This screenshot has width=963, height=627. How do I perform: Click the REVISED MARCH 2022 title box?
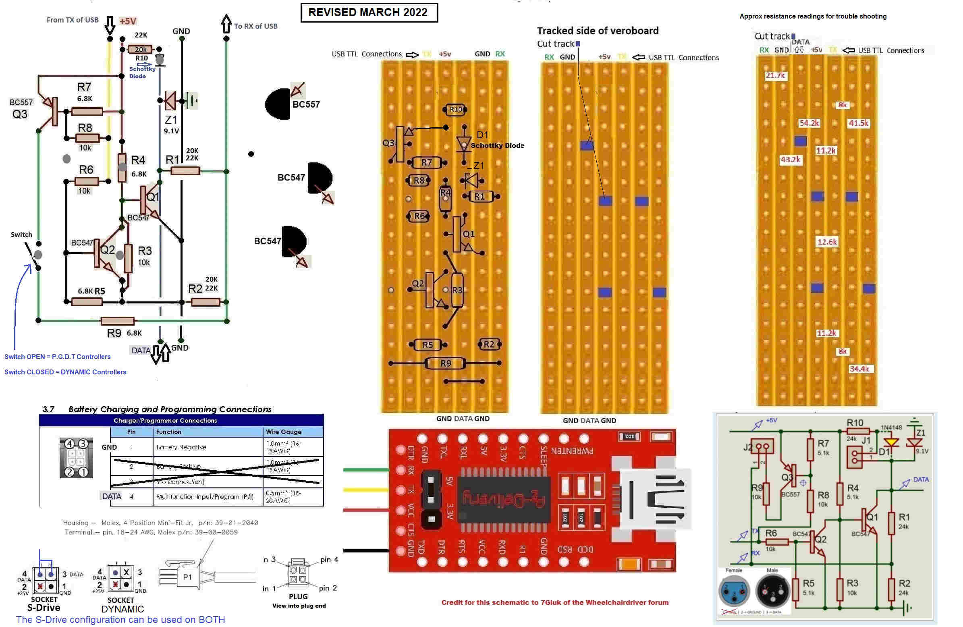point(369,12)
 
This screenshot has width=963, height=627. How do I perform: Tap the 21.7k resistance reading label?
point(775,76)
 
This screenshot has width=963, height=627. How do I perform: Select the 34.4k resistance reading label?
point(859,369)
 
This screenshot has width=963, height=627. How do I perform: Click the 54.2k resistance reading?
point(809,123)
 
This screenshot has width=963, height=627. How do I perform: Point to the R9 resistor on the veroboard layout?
point(445,363)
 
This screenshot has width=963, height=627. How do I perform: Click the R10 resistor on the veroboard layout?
point(456,109)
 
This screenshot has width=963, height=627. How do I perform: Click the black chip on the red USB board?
point(504,500)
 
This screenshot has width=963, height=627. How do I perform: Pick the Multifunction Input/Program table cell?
point(205,497)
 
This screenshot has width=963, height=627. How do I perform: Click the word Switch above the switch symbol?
point(21,235)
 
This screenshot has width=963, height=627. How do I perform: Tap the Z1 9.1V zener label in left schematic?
point(171,124)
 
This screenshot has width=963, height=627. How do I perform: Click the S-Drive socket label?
point(44,608)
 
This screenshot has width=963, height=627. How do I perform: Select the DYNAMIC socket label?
point(122,609)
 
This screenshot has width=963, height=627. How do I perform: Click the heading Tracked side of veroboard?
point(598,31)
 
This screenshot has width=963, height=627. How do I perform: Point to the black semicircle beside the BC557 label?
point(278,104)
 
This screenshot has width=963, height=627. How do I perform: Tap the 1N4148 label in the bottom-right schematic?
point(891,428)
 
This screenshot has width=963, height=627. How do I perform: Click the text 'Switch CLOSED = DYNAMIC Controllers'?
point(65,372)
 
